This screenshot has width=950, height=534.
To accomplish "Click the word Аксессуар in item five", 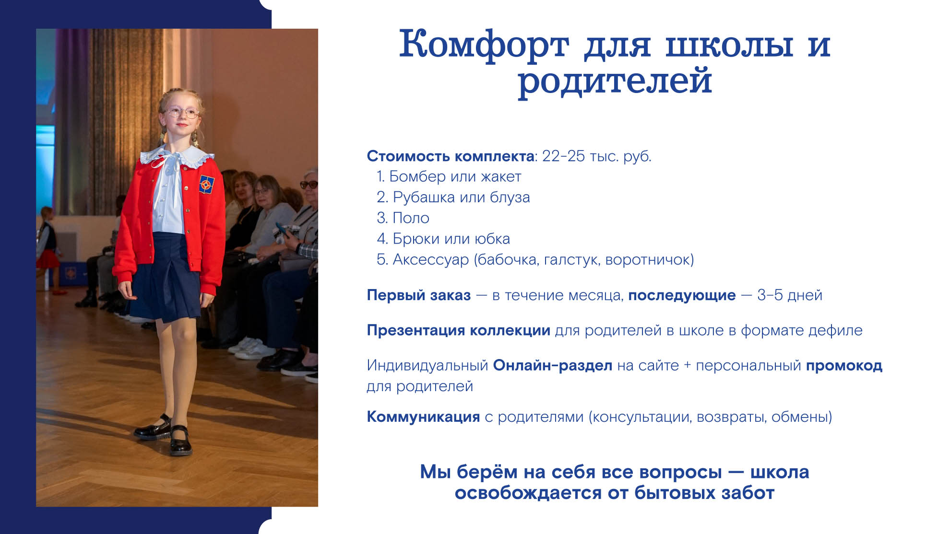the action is click(430, 260).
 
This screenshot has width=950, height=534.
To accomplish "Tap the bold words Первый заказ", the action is click(418, 295).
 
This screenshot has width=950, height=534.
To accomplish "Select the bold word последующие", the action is click(682, 296).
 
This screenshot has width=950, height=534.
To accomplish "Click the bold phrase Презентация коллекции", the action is click(458, 331).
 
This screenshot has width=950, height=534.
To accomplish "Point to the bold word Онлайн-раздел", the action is click(553, 366).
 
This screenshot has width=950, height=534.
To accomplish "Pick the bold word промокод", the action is click(844, 366).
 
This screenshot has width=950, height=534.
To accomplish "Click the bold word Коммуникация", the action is click(423, 417).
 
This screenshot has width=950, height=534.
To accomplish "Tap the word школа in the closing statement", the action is click(780, 472).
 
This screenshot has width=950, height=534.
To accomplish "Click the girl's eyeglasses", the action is click(181, 113).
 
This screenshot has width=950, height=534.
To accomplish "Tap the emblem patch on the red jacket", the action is click(207, 185).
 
